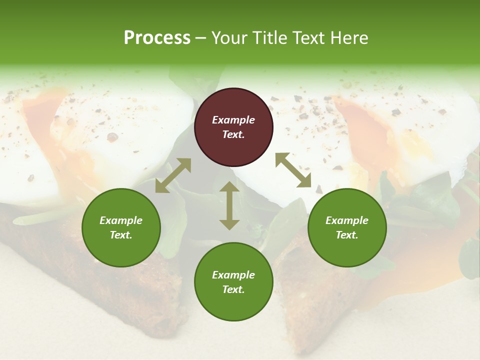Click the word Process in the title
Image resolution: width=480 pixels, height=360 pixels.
coord(157,38)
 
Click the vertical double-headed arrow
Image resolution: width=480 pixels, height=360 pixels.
coord(229,205)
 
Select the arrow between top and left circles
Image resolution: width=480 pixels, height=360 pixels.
coord(173,175)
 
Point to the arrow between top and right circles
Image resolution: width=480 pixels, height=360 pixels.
coord(293,170)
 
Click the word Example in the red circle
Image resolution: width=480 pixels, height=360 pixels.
coord(233,120)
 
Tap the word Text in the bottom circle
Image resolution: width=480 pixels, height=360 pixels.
coord(233,289)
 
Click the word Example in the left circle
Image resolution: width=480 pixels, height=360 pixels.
coord(121,220)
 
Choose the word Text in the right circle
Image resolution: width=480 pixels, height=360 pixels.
coord(347,235)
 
